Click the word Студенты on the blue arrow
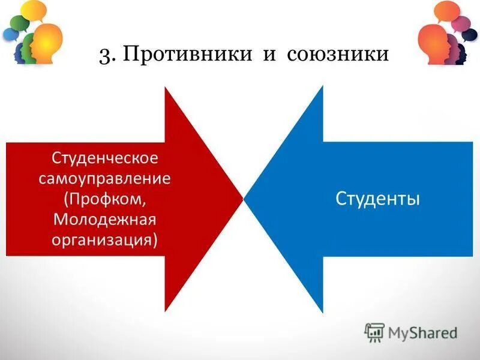377,198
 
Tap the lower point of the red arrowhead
166,311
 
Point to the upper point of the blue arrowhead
323,87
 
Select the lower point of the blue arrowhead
323,312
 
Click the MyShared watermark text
422,332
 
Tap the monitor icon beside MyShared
374,332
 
